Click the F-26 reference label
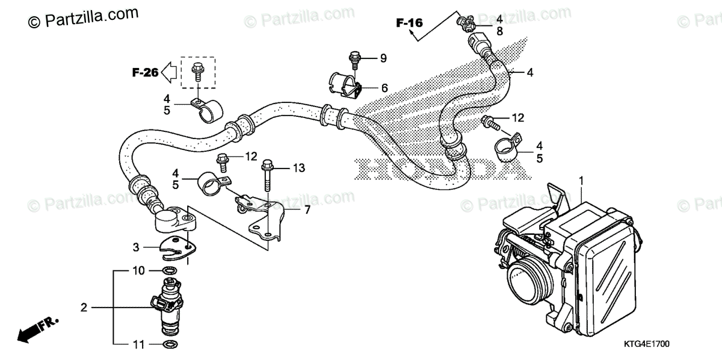[145, 73]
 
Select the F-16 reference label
[409, 23]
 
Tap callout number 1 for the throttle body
[581, 180]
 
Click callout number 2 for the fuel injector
[84, 307]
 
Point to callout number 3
[137, 247]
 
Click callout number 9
[383, 58]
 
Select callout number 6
[384, 88]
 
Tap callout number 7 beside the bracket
[307, 210]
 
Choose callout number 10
[138, 271]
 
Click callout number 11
[138, 345]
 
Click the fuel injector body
[170, 306]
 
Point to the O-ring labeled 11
[170, 345]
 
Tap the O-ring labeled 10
[170, 271]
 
